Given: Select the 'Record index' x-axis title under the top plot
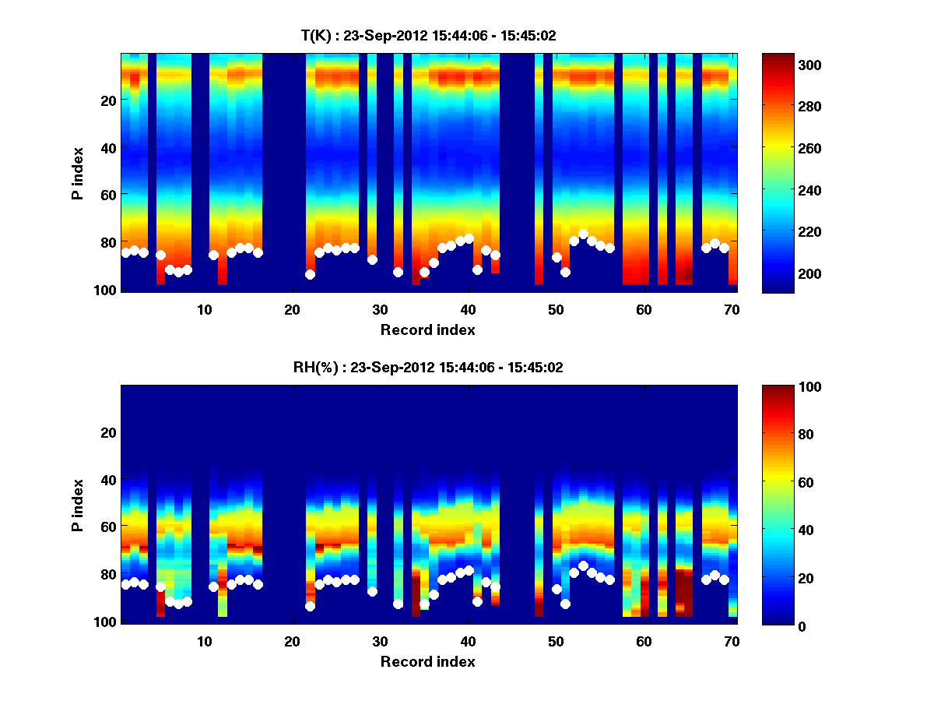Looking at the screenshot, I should click(x=427, y=329).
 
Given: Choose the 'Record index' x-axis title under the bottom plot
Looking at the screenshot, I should click(x=427, y=661).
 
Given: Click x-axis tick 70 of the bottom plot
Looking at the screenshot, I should click(x=732, y=641).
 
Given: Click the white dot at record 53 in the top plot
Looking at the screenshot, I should click(x=583, y=234).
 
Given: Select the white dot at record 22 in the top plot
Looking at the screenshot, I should click(x=310, y=274).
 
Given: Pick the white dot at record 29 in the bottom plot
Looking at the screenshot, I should click(x=372, y=591).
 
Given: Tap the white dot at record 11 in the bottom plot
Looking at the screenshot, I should click(x=213, y=587).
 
